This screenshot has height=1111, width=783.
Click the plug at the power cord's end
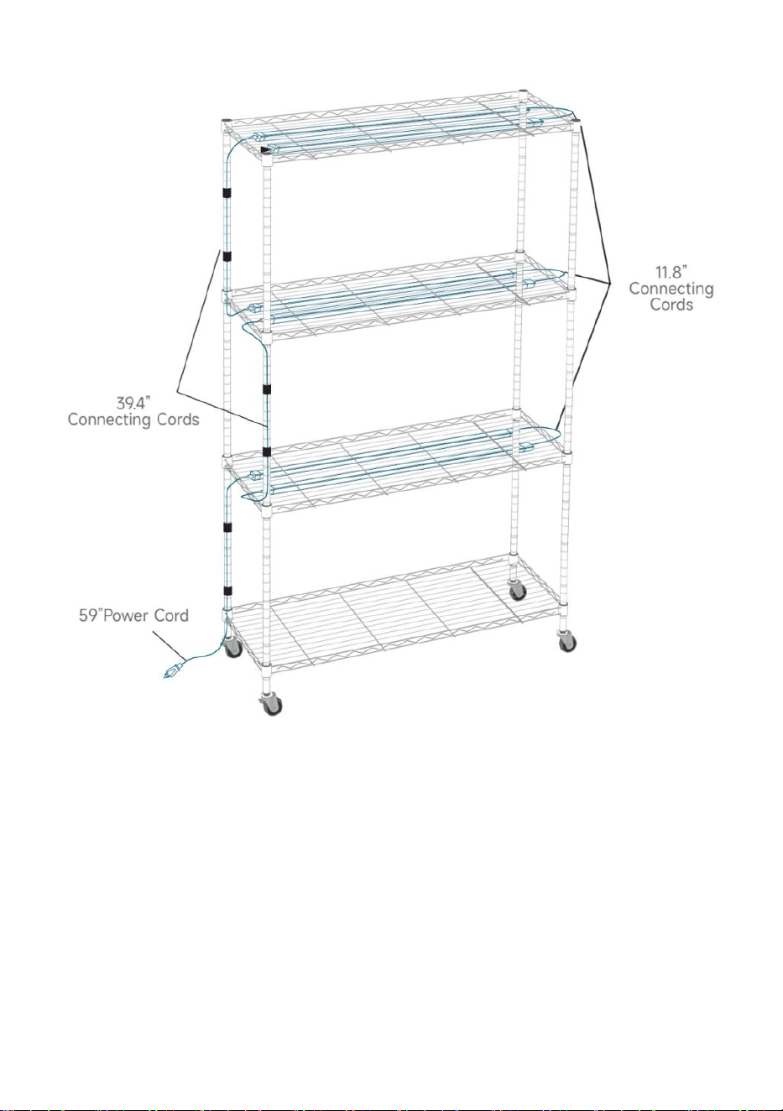[x=172, y=671]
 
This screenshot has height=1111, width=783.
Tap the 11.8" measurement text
[x=671, y=272]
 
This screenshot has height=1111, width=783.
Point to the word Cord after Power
[x=172, y=616]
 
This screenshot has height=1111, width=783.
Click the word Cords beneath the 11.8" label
[x=671, y=304]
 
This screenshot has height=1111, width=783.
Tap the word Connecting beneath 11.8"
[x=671, y=288]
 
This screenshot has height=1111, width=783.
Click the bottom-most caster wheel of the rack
[x=271, y=704]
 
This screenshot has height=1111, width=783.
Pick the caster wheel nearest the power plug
[x=232, y=646]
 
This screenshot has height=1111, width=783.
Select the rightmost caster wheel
[x=566, y=642]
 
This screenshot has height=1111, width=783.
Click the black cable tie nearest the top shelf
[x=227, y=192]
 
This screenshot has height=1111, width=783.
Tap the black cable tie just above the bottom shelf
[x=227, y=591]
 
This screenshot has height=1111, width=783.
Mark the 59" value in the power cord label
[x=88, y=616]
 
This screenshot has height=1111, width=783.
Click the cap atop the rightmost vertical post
[x=576, y=121]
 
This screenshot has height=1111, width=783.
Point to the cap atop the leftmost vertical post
[x=227, y=121]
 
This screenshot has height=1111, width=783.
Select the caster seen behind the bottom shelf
[x=518, y=590]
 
